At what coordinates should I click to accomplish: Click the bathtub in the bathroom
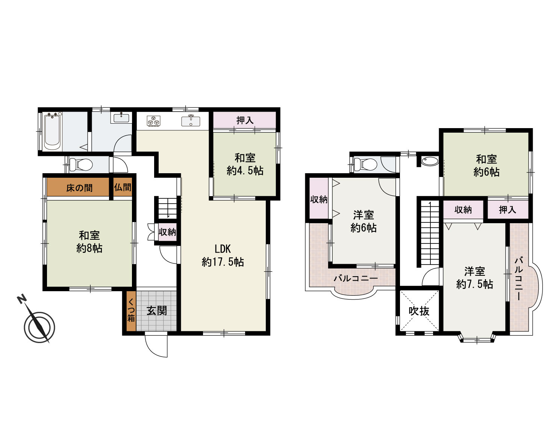(x=53, y=132)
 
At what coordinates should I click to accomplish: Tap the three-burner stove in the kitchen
(x=153, y=121)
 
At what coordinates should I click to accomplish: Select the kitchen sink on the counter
(x=191, y=121)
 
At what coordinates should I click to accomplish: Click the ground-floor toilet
(x=81, y=164)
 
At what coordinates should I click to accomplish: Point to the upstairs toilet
(x=365, y=165)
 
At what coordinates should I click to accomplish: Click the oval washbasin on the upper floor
(x=430, y=162)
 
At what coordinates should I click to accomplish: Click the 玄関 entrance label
(x=156, y=311)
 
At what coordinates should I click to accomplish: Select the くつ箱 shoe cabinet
(x=131, y=311)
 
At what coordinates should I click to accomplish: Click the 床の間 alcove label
(x=79, y=188)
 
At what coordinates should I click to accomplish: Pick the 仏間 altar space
(x=123, y=187)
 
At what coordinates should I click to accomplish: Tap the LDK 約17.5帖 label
(x=223, y=256)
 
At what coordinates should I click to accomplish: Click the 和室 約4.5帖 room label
(x=245, y=164)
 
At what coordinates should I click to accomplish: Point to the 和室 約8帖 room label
(x=89, y=242)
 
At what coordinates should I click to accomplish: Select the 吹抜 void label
(x=419, y=311)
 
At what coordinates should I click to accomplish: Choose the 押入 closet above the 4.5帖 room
(x=245, y=120)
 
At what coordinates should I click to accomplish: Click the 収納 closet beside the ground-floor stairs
(x=167, y=232)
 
